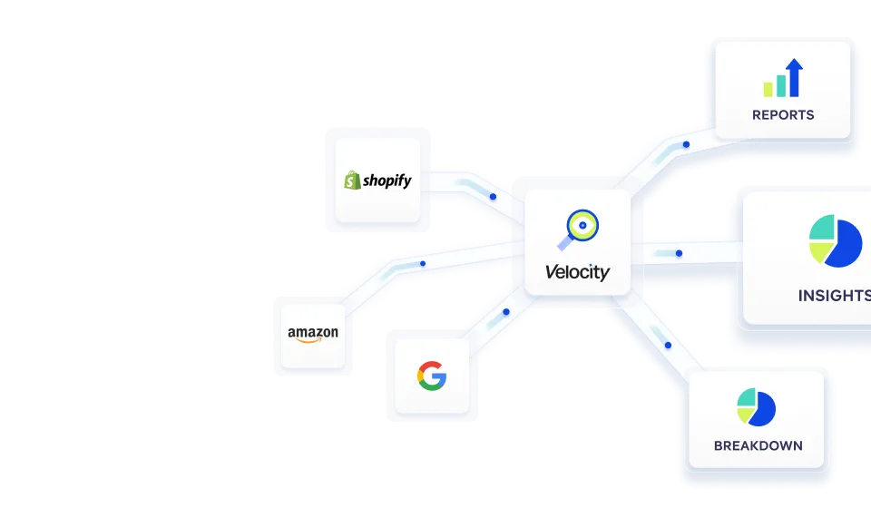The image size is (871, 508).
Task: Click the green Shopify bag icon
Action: coord(352,181)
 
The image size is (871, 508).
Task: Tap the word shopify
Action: coord(387,181)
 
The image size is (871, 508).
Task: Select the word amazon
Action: coord(313,333)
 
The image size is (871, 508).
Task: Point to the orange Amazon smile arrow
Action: coord(314,342)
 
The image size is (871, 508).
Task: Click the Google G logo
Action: coord(432,375)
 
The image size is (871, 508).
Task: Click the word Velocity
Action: coord(577,271)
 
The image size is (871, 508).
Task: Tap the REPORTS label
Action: coord(783,115)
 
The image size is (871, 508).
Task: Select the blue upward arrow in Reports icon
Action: coord(795,77)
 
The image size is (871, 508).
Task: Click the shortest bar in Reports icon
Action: coord(768,89)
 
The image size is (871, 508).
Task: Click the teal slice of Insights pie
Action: coord(821,228)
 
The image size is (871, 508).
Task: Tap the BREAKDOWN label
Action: coord(758,445)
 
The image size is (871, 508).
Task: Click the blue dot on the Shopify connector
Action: coord(493,196)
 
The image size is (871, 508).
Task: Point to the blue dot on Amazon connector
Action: coord(423,264)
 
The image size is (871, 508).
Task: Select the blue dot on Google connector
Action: coord(505,312)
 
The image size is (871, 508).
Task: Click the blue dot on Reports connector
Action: coord(686,144)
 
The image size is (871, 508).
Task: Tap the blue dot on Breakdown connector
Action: coord(669,345)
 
